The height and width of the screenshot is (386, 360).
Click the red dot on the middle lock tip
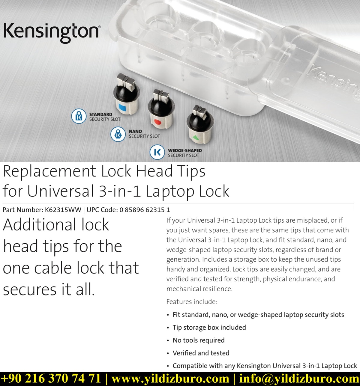click(x=157, y=122)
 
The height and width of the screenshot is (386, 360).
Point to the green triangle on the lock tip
click(x=196, y=138)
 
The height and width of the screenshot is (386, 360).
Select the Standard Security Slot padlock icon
click(x=79, y=116)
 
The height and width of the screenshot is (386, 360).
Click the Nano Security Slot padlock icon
click(x=118, y=134)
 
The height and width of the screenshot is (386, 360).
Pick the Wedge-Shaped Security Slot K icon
click(x=157, y=152)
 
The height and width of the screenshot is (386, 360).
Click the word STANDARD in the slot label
click(x=100, y=114)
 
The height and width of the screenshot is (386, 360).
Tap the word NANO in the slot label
click(x=135, y=131)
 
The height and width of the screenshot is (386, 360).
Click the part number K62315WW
click(x=63, y=210)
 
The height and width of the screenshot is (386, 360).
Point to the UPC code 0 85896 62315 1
click(x=145, y=210)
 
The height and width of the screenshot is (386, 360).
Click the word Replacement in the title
click(x=49, y=171)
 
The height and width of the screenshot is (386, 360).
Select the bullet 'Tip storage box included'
click(x=209, y=328)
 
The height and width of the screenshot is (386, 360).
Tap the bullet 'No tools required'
click(x=199, y=340)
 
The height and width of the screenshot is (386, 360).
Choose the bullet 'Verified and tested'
click(x=201, y=353)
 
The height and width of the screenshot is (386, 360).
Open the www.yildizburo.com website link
click(x=170, y=379)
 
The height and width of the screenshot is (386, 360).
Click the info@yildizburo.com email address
click(x=299, y=379)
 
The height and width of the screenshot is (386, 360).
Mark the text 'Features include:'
click(x=192, y=302)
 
